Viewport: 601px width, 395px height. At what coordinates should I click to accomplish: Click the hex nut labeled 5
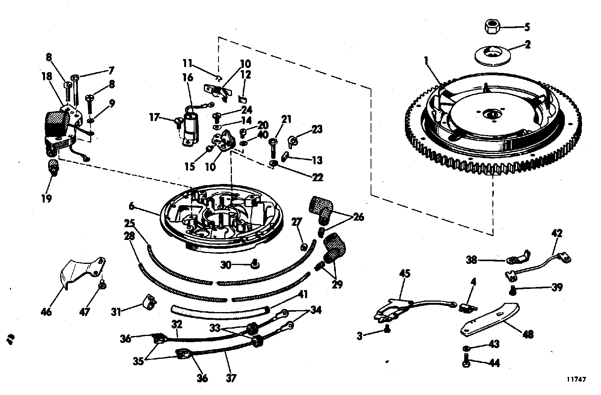pos(492,27)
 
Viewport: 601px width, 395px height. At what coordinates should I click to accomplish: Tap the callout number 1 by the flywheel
pos(426,61)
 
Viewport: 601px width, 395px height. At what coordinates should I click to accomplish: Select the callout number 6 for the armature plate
pos(132,206)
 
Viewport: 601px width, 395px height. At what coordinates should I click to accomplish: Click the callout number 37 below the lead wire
pos(230,378)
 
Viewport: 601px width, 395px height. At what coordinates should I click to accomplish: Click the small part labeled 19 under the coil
pos(52,168)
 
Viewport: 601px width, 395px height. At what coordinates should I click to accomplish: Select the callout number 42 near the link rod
pos(557,233)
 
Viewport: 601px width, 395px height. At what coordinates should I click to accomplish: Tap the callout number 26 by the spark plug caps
pos(358,217)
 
